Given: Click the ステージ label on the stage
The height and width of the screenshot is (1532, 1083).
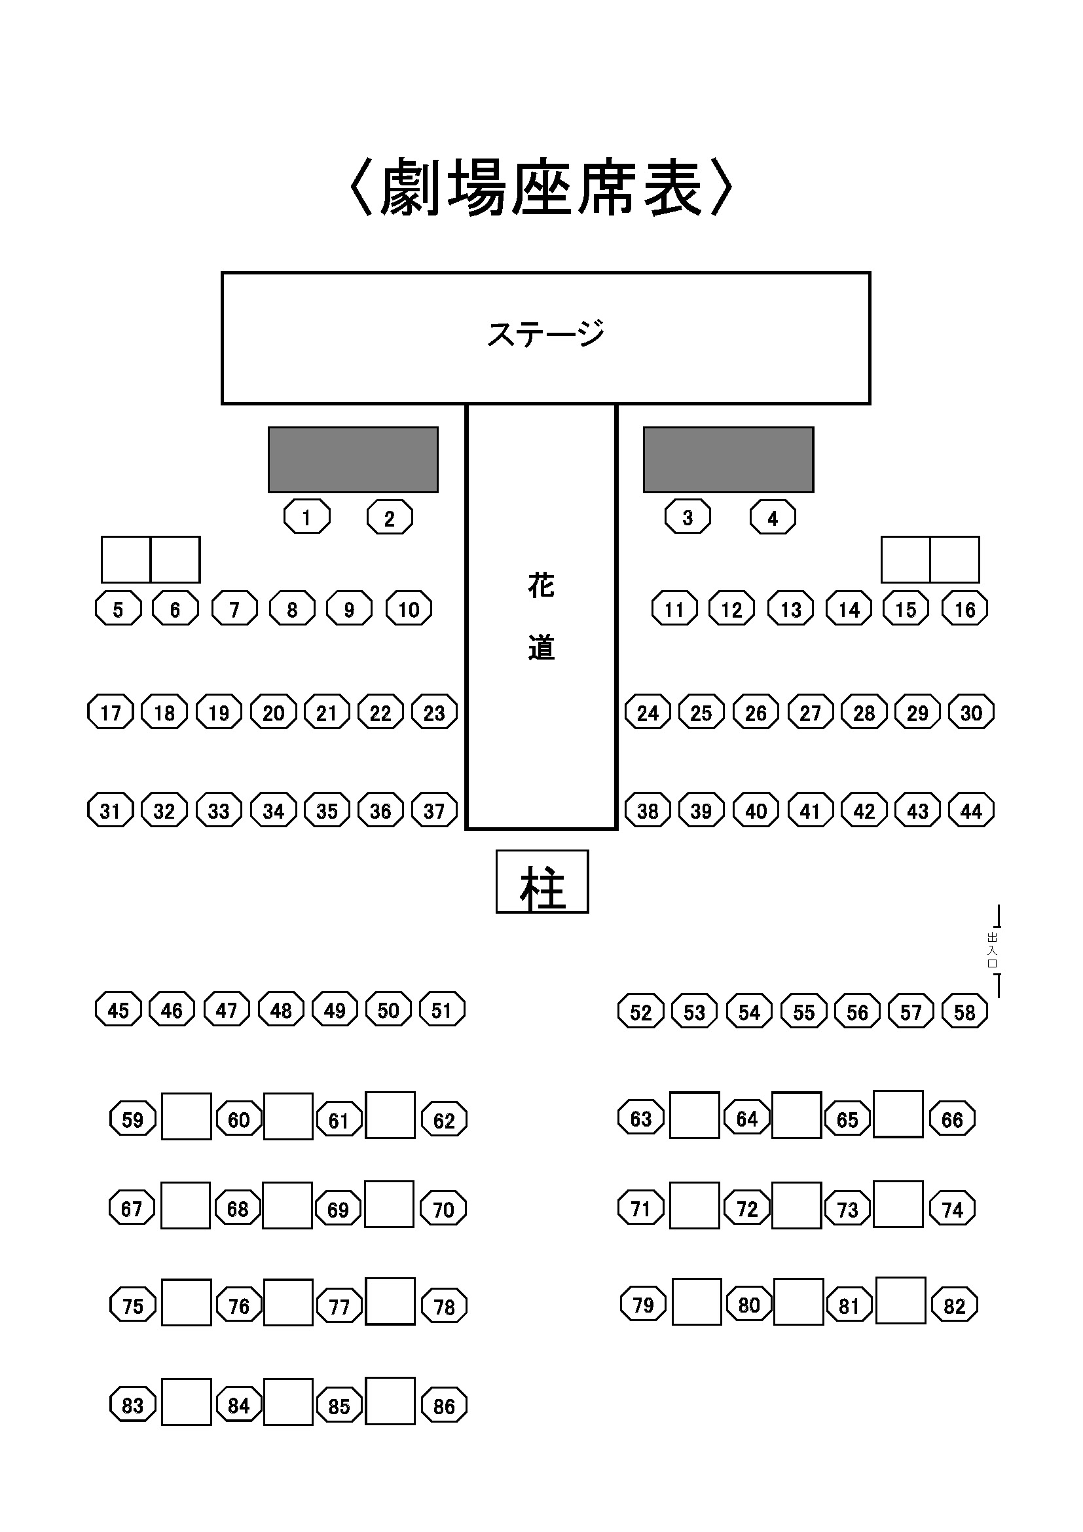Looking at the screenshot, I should (x=545, y=333).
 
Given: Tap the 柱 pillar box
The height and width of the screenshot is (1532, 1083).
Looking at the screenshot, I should (x=542, y=882).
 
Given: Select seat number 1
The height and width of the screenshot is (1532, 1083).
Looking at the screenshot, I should (x=306, y=517).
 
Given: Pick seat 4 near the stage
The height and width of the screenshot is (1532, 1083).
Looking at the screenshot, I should (x=772, y=517).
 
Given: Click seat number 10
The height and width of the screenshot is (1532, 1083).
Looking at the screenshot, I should (x=409, y=608).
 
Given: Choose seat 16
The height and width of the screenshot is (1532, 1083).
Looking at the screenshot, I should (x=964, y=608).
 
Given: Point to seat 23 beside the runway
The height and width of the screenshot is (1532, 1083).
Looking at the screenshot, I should (x=434, y=713).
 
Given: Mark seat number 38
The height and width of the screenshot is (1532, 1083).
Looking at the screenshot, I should (x=648, y=810).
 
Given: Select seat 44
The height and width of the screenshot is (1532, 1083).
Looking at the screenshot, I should (x=971, y=810).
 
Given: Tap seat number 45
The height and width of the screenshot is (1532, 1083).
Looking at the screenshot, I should (x=118, y=1009).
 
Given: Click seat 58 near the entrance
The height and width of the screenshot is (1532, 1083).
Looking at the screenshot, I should (x=964, y=1011).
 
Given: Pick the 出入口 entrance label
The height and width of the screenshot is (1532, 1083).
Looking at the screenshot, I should (x=991, y=950).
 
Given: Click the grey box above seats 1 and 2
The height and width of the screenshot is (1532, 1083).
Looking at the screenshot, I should (x=353, y=460).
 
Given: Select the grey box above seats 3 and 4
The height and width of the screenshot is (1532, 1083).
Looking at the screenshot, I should (x=728, y=460).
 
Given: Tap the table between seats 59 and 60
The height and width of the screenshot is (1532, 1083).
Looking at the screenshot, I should (x=186, y=1116).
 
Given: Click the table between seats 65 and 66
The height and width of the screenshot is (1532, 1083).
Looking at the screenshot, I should (x=898, y=1114).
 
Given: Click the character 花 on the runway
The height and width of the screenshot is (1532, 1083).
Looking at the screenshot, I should (x=541, y=586).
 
